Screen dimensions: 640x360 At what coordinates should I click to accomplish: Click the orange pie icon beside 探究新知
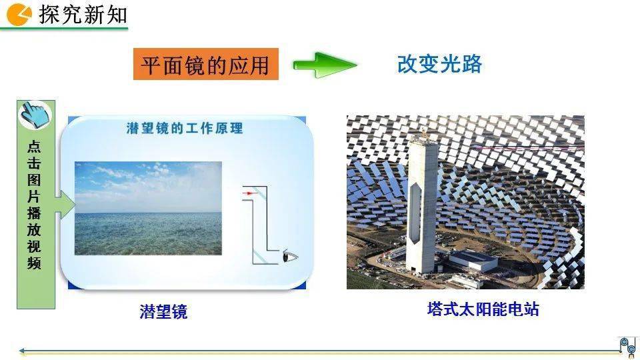click(x=19, y=14)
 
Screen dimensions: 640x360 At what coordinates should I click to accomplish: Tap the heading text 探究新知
click(x=83, y=14)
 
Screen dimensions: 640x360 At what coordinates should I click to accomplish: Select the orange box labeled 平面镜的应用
click(x=206, y=64)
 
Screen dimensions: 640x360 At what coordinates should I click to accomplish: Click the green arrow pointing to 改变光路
click(x=325, y=65)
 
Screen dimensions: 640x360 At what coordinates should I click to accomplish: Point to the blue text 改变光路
click(x=439, y=64)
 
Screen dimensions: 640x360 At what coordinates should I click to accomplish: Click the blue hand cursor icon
click(x=35, y=115)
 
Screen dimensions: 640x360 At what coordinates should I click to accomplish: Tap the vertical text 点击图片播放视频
click(x=34, y=205)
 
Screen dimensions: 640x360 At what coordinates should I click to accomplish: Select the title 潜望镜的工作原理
click(x=185, y=128)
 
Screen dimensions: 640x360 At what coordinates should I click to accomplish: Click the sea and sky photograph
click(x=148, y=208)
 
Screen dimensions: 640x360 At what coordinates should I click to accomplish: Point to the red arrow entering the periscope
click(x=249, y=193)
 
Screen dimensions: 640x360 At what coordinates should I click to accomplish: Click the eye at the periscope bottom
click(x=290, y=256)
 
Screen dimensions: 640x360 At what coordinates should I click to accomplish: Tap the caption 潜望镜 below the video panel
click(x=163, y=312)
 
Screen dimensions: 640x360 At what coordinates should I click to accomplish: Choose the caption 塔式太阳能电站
click(x=483, y=309)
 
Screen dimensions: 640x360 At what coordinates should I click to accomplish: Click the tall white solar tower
click(x=423, y=204)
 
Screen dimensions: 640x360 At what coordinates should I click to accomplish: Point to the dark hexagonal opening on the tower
click(x=415, y=213)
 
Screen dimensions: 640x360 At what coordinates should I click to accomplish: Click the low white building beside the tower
click(x=473, y=261)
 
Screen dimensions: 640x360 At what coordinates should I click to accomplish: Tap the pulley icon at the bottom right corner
click(x=627, y=347)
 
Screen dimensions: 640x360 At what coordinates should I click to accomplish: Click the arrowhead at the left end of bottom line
click(x=22, y=351)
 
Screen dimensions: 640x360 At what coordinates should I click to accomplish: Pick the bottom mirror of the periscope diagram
click(x=259, y=257)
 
